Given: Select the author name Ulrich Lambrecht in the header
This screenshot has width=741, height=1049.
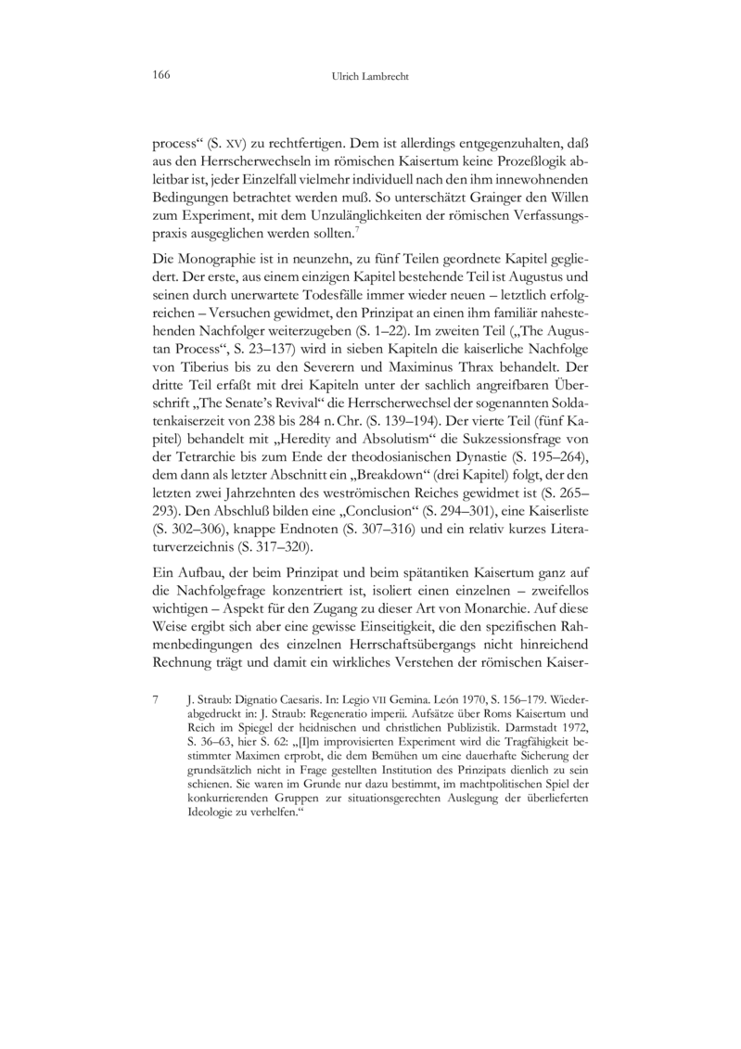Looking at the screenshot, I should (370, 77).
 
